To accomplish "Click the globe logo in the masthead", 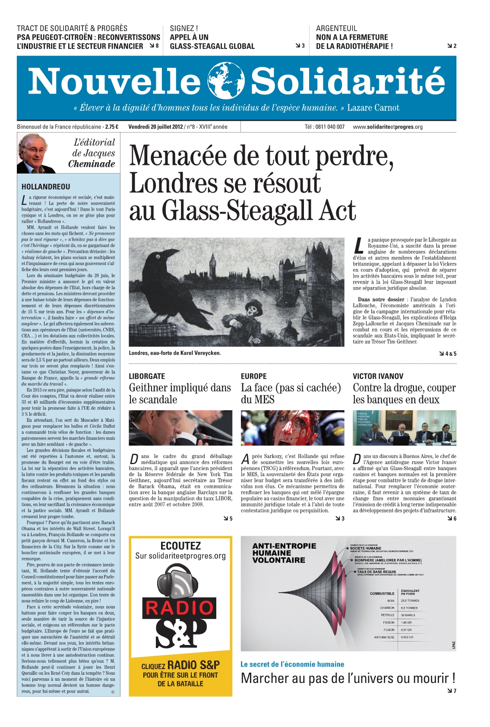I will (225, 81).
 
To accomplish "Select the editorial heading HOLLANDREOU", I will (46, 187).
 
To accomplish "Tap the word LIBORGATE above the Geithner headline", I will (147, 376).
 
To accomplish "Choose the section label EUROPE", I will (254, 376).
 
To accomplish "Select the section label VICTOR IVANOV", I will (378, 376).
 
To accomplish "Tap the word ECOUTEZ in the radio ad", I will (180, 546).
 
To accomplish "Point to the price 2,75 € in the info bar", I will (112, 127).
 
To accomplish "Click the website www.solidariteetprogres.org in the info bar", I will (388, 127).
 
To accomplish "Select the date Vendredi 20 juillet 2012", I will (155, 127).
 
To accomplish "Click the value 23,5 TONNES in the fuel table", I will (410, 601).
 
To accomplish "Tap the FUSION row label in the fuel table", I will (389, 630).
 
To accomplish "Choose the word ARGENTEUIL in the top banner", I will (336, 28).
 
